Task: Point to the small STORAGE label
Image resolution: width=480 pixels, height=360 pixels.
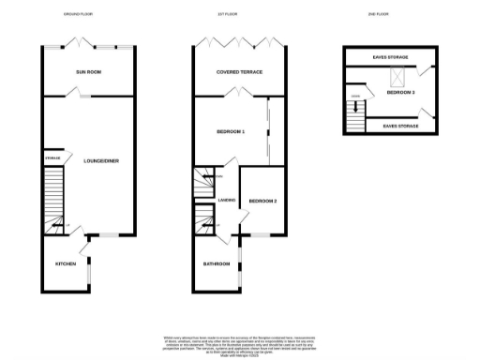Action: (52, 158)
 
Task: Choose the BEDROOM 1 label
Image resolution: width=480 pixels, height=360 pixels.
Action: (229, 132)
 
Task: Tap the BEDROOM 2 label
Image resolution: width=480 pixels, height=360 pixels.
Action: (262, 201)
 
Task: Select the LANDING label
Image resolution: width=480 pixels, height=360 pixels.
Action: (226, 200)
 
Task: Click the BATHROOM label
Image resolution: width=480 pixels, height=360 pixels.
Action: (217, 263)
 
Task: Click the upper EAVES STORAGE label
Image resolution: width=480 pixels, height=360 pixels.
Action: (389, 57)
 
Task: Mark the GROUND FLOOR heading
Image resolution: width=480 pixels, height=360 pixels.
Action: (77, 16)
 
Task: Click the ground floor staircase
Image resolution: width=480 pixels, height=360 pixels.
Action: (54, 198)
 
